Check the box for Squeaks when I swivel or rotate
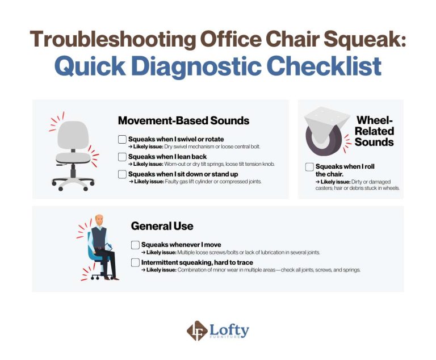(x=122, y=139)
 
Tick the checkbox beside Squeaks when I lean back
(x=122, y=157)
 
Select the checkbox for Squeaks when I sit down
(x=122, y=174)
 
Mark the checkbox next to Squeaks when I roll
(x=309, y=167)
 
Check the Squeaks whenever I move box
(x=135, y=245)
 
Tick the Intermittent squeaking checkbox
(x=135, y=262)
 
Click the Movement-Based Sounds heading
(x=183, y=120)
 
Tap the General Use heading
(x=162, y=226)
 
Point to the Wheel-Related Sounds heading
(x=374, y=131)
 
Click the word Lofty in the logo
(x=229, y=329)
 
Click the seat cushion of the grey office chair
(x=74, y=157)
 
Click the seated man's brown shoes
(x=114, y=278)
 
